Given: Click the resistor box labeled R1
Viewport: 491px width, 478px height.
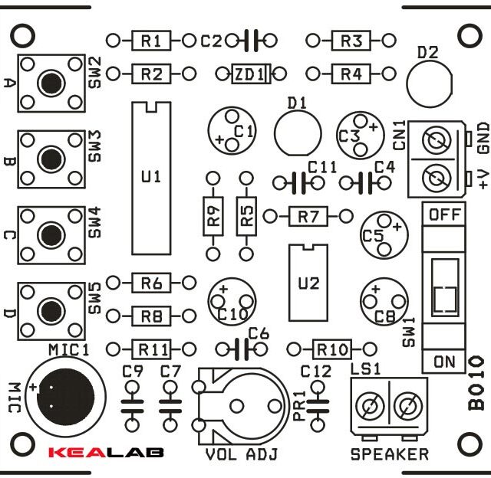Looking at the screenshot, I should tap(151, 40).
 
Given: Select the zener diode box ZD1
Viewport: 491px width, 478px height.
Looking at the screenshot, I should tap(251, 74).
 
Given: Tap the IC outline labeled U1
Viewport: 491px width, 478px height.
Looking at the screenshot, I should tap(151, 177).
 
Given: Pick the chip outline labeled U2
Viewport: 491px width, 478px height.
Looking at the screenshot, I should tap(308, 283).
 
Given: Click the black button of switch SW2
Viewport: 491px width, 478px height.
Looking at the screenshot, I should tap(51, 80).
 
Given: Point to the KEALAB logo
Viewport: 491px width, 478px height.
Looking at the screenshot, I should tap(106, 452).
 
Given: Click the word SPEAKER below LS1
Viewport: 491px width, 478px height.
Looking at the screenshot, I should tap(389, 454).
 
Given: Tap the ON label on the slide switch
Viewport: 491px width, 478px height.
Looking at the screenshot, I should tap(444, 362).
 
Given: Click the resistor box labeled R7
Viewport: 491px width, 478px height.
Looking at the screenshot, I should tap(308, 217).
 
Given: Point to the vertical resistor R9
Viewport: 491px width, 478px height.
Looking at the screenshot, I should tap(213, 216).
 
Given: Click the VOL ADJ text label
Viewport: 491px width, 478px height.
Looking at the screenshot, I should tap(242, 454).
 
